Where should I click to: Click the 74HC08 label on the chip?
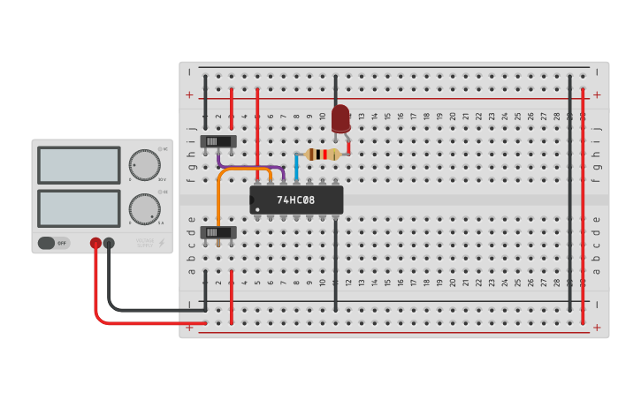click(x=295, y=200)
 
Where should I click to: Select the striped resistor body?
click(x=323, y=155)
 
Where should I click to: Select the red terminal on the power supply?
click(x=95, y=243)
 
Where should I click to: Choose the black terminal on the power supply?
click(x=109, y=243)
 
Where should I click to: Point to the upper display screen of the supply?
click(x=79, y=165)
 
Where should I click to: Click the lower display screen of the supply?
click(x=79, y=208)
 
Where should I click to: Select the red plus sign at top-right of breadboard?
click(x=597, y=94)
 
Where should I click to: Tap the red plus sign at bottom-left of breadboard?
click(x=189, y=326)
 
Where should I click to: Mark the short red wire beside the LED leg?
click(x=348, y=144)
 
